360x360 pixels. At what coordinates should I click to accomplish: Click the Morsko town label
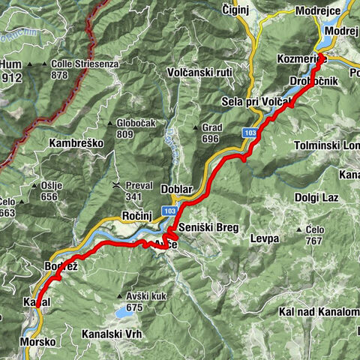(x=37, y=341)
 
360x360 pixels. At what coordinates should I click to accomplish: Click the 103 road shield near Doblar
(x=170, y=212)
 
